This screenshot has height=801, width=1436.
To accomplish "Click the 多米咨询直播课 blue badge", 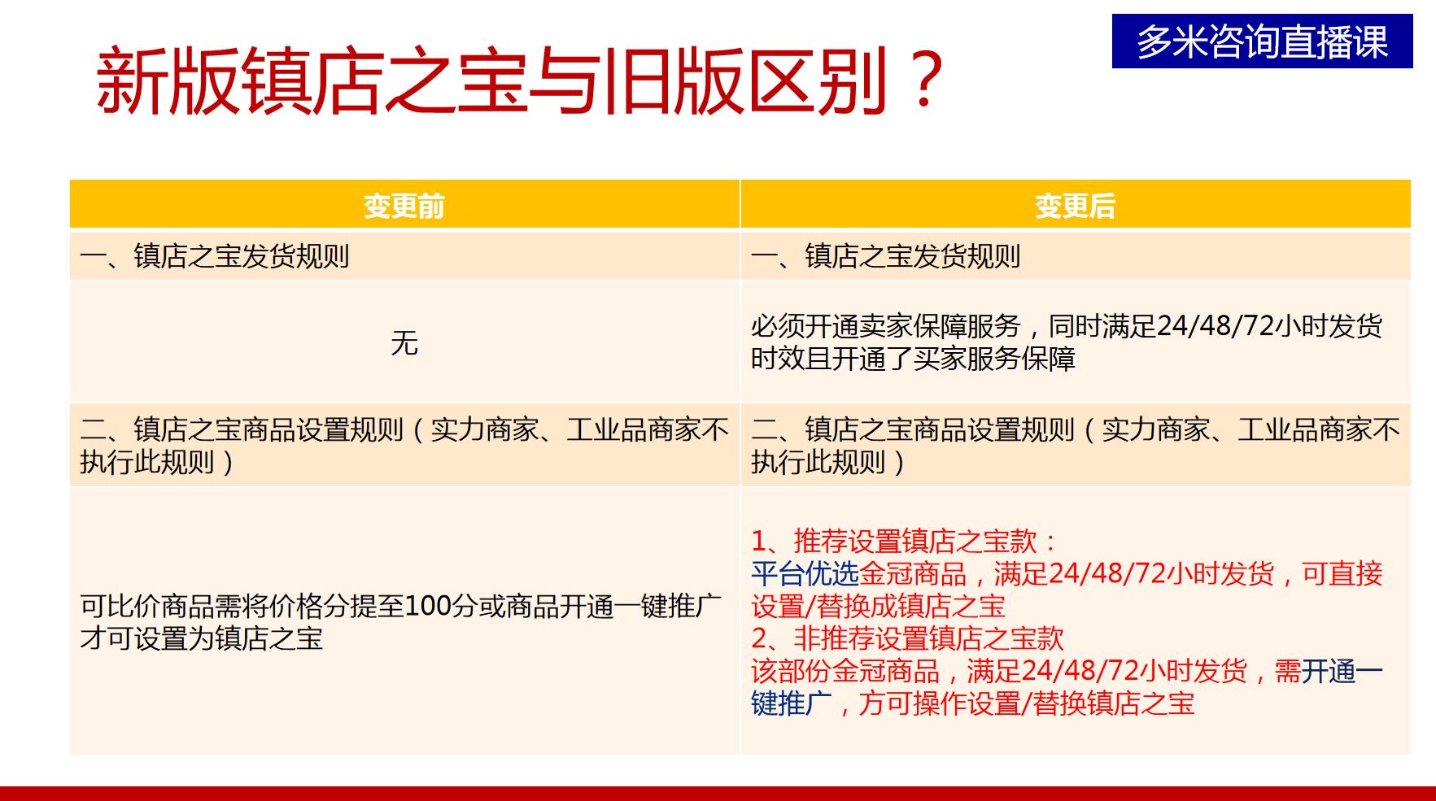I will [x=1262, y=41].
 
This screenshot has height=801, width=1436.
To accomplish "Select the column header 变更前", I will [x=404, y=206].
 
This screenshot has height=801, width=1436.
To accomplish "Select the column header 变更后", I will [x=1075, y=206].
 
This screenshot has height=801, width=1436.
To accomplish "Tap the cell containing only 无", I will [x=404, y=343].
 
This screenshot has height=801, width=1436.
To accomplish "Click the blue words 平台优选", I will [x=805, y=574].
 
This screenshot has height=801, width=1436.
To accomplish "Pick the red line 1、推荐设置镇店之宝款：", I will [x=903, y=542].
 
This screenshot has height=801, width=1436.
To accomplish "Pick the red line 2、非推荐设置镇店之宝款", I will [x=907, y=638].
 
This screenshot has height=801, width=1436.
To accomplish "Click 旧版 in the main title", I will [x=669, y=81].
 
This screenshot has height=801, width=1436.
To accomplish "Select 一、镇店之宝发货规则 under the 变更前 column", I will [x=214, y=257].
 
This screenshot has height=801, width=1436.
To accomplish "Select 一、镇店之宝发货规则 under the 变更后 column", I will [x=885, y=257].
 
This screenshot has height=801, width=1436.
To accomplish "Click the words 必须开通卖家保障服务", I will [x=885, y=327].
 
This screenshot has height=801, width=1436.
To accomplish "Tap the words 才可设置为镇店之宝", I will [x=202, y=639].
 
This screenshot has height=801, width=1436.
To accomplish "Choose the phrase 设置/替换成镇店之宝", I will [x=878, y=607].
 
